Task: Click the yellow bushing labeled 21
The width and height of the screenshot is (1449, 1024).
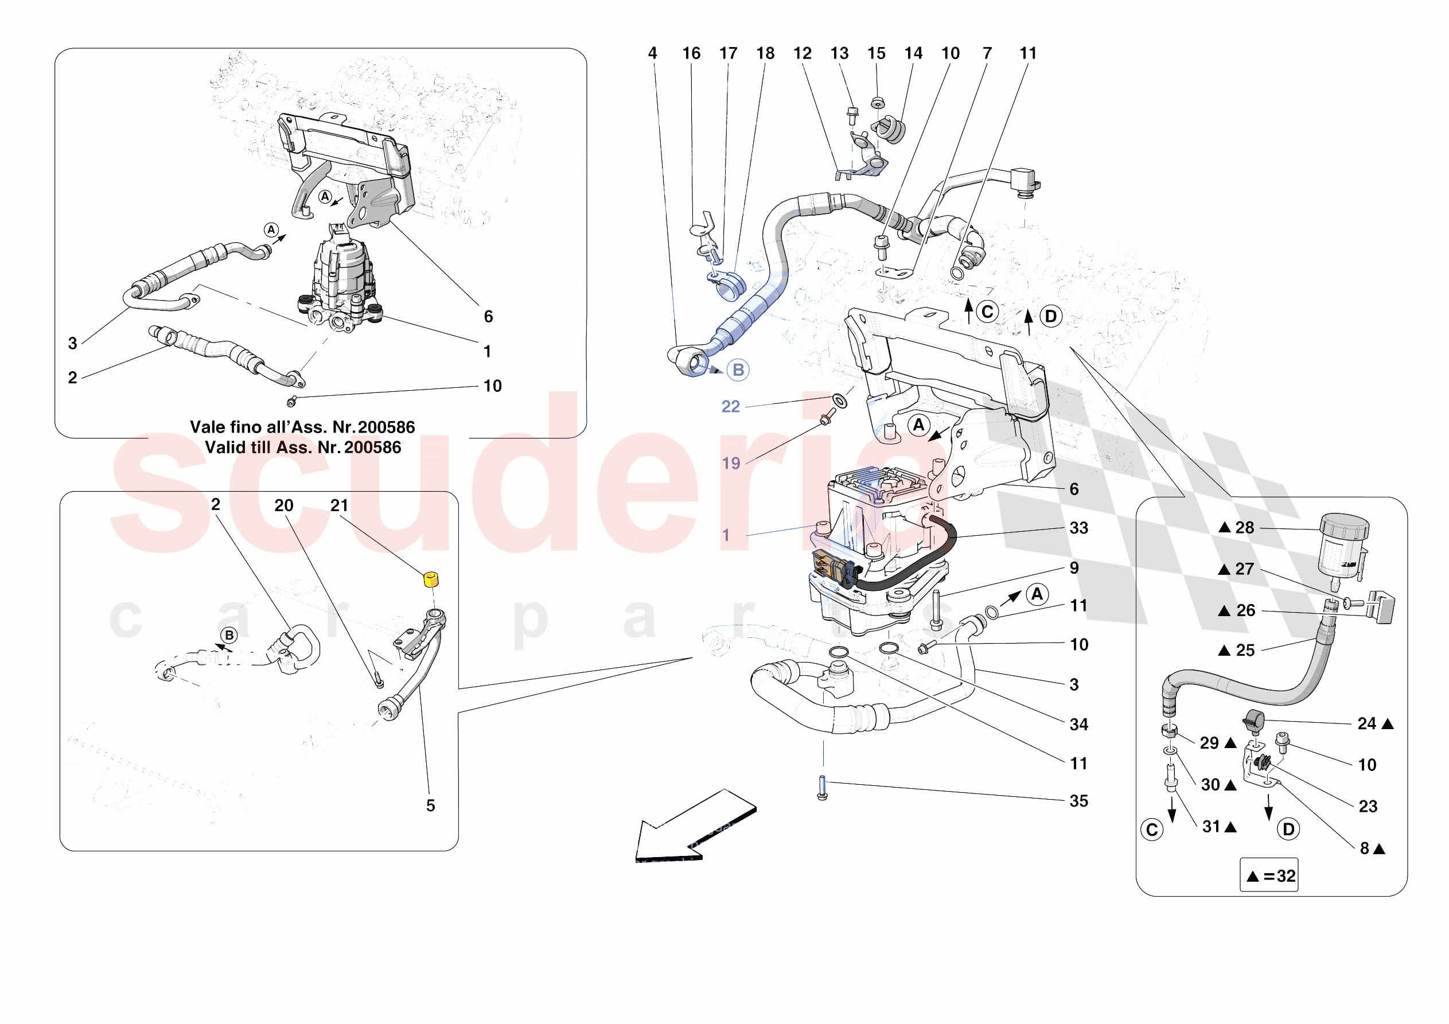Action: pos(430,579)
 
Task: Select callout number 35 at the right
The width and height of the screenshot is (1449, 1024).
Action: pos(1078,801)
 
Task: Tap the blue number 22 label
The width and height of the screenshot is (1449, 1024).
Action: pos(730,407)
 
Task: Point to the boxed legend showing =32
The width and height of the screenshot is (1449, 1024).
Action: pos(1268,875)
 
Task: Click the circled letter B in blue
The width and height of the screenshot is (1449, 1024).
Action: pos(738,370)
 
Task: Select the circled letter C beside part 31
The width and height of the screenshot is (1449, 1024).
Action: pos(1152,830)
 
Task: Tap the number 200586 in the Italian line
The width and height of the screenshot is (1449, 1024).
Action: pos(386,427)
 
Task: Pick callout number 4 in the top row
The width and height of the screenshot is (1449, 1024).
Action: pos(653,54)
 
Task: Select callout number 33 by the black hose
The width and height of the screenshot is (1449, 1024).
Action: pos(1078,528)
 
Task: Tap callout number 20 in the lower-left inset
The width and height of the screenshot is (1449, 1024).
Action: pos(283,505)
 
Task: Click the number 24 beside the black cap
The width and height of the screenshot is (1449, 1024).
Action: pos(1366,723)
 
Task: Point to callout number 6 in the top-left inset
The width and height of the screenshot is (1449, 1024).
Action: pos(488,316)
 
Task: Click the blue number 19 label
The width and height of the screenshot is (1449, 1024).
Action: pos(731,464)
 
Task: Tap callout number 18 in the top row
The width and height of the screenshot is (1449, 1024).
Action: pos(765,54)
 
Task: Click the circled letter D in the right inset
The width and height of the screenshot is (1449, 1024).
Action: pos(1288,830)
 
